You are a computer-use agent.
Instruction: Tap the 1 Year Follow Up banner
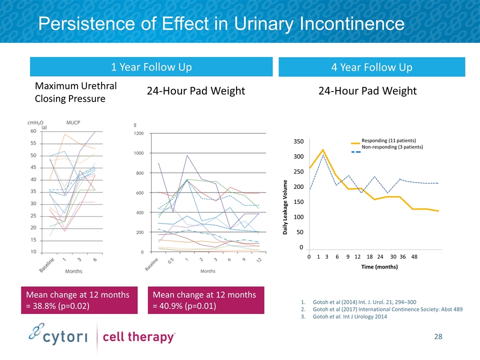coord(151,67)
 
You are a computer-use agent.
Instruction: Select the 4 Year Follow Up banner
coord(371,67)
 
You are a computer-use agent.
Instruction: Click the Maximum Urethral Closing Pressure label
coord(76,92)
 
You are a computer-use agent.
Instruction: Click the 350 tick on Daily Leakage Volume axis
coord(298,142)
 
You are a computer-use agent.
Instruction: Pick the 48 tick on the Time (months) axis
coord(414,256)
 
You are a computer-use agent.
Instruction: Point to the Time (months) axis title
coord(379,267)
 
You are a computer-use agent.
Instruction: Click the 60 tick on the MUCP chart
coord(33,131)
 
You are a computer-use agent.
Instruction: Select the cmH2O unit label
coord(34,121)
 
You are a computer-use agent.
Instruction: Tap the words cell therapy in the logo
coord(138,337)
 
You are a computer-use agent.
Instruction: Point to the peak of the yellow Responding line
coord(323,149)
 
